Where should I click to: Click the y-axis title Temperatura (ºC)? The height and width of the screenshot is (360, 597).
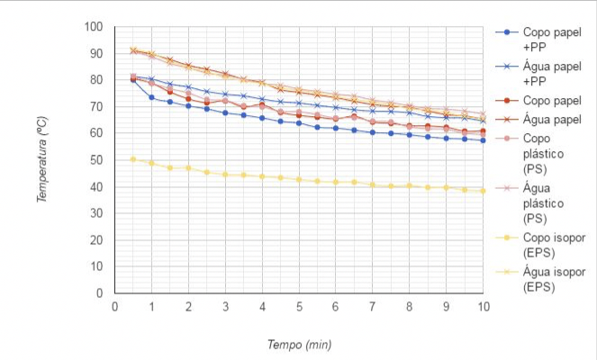[x=42, y=158]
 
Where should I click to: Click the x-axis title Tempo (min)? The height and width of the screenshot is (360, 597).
[x=299, y=345]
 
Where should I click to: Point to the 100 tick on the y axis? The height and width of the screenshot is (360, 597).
[x=95, y=27]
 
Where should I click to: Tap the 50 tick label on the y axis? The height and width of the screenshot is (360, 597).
[x=98, y=160]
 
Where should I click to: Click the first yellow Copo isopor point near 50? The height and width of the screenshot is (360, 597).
[x=133, y=159]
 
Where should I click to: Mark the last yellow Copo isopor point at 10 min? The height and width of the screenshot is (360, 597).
[x=484, y=191]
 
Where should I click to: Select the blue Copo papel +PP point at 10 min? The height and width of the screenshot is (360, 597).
[x=484, y=140]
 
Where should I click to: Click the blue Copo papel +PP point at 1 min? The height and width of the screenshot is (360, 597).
[x=151, y=97]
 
